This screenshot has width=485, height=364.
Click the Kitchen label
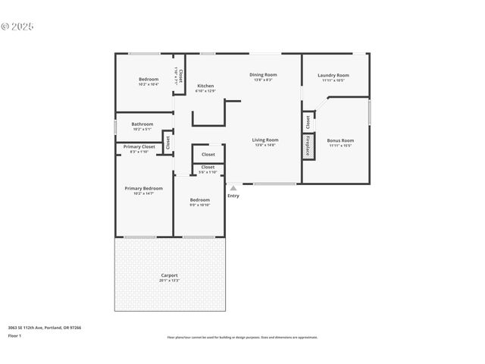(205, 86)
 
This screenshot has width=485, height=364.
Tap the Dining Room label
(264, 75)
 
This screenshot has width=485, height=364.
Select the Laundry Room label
(333, 75)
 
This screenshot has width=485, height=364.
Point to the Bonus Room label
(340, 140)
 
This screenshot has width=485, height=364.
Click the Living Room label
(265, 140)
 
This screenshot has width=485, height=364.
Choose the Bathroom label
(142, 124)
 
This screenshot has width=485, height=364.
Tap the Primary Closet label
(139, 146)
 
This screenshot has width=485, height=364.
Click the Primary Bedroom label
(143, 188)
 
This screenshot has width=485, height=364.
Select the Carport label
(169, 275)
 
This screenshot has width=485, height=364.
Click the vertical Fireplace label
(308, 146)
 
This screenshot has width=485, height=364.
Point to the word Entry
(233, 196)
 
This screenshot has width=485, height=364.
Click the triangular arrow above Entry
(233, 188)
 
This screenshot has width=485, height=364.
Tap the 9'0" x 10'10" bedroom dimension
(200, 205)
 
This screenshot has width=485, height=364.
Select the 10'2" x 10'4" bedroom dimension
(149, 85)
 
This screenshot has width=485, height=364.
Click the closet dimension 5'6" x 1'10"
(208, 172)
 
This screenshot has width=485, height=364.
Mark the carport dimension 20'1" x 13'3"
(169, 281)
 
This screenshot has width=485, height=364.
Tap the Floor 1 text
(15, 335)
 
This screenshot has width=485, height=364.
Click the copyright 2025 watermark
(17, 27)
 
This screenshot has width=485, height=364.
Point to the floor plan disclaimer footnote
(242, 337)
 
